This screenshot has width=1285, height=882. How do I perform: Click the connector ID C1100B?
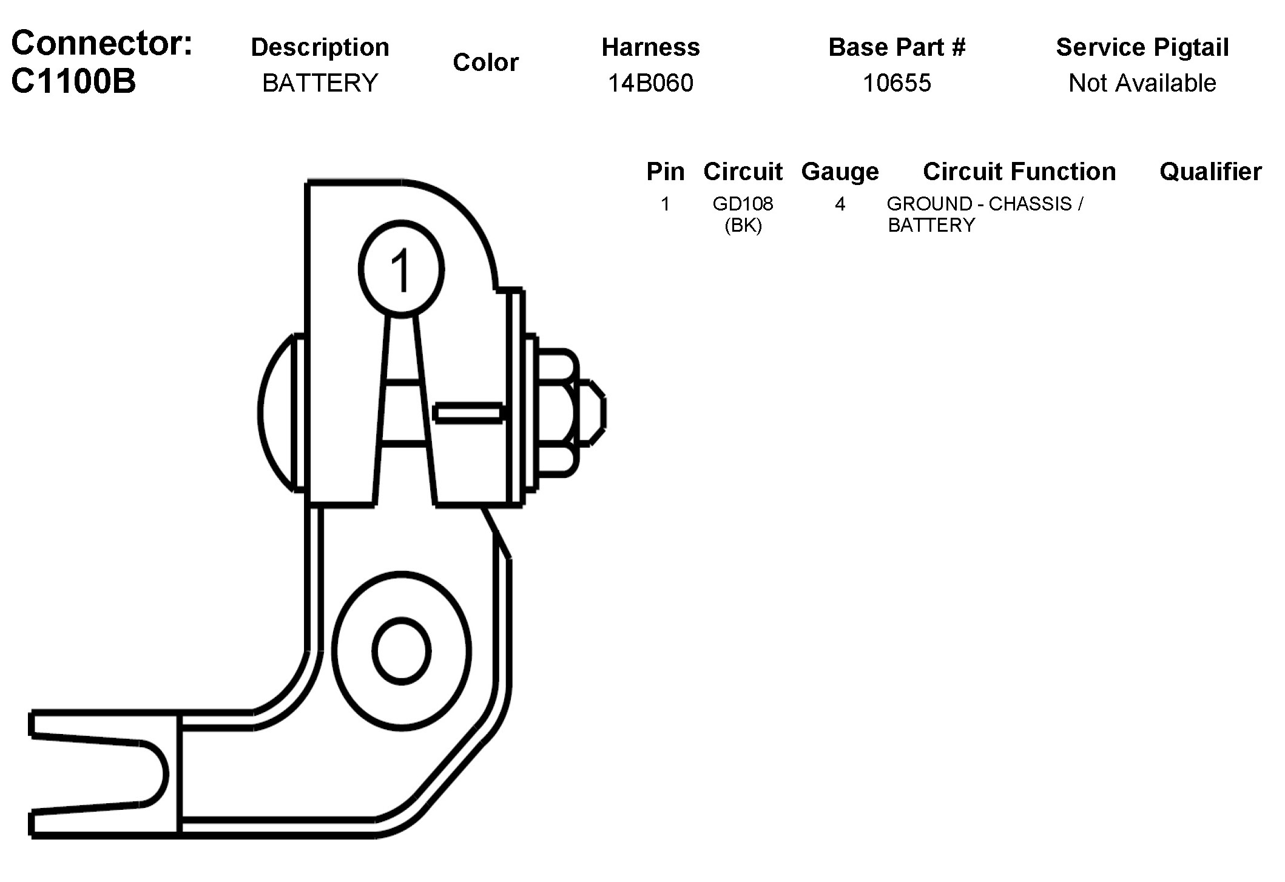tap(73, 81)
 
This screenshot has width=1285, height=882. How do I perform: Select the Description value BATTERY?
tap(320, 83)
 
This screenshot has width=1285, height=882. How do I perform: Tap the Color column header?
tap(485, 62)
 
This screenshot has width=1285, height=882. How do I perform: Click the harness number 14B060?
tap(650, 83)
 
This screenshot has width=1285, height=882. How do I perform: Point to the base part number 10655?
tap(897, 83)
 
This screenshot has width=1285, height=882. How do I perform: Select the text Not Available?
tap(1142, 83)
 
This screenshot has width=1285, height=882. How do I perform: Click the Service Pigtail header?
tap(1142, 47)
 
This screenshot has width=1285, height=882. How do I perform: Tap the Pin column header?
tap(665, 172)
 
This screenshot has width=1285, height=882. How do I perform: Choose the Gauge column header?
tap(840, 172)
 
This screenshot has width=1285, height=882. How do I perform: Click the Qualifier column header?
tap(1210, 172)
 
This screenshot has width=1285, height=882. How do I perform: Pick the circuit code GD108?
tap(743, 204)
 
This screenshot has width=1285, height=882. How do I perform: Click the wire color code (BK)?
tap(743, 226)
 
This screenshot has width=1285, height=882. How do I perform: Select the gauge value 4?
tap(840, 204)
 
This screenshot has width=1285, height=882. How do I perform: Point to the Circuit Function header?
tap(1019, 172)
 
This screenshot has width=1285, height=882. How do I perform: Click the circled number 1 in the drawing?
tap(401, 269)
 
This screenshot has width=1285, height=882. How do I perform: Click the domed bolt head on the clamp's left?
tap(277, 412)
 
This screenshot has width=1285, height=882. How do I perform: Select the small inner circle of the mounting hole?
tap(402, 651)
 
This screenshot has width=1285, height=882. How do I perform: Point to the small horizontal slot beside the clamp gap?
tap(468, 414)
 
